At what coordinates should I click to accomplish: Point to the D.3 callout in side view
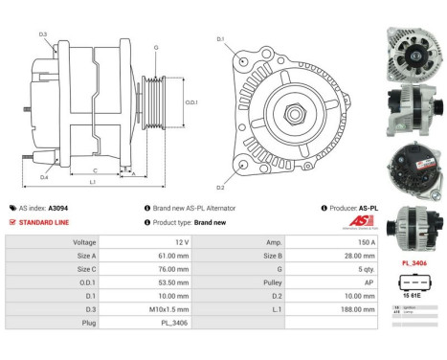click(43, 34)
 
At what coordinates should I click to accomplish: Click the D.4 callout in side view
click(44, 177)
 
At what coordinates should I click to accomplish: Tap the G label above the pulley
click(156, 46)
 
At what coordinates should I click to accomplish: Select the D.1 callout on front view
click(220, 39)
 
